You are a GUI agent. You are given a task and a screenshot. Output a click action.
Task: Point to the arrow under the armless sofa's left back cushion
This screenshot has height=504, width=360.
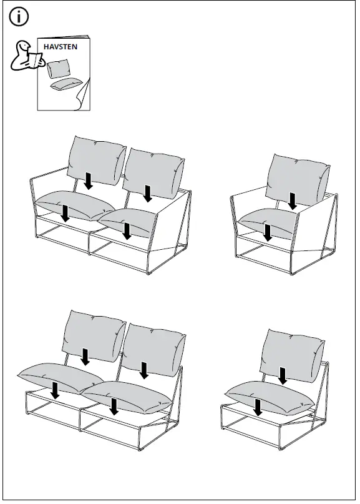coord(85,357)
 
